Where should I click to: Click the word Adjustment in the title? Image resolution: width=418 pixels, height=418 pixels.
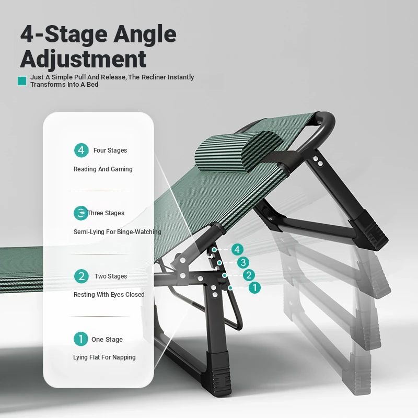pos(83,59)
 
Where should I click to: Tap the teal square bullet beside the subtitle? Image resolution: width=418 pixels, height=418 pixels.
pos(22,81)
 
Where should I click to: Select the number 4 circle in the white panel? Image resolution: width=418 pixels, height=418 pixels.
pos(82,150)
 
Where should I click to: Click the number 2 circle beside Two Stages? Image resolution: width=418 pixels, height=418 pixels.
pos(82,276)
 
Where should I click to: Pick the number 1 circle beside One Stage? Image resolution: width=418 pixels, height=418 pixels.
pos(81,339)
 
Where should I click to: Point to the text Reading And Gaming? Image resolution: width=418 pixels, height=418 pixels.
pos(103,169)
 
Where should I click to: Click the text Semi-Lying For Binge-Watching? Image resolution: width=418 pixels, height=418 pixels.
pos(117,232)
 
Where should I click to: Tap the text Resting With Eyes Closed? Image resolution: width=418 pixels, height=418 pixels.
pos(109,295)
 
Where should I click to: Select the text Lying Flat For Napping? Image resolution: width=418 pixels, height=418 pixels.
pos(104,357)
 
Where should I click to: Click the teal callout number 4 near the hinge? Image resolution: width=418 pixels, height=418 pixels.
pos(237,250)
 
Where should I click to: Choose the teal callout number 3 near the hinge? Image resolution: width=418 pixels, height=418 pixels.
pos(243,263)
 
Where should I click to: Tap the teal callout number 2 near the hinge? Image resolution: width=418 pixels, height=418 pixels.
pos(249,275)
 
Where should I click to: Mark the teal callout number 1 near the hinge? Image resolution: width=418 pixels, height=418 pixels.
pos(254,288)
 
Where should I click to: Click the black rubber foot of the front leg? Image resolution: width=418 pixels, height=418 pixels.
pos(218,373)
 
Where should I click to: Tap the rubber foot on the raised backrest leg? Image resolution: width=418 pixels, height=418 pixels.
pos(369,229)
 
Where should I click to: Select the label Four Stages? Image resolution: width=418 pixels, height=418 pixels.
pos(110,150)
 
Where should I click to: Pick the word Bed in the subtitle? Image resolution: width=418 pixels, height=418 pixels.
pos(92,85)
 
